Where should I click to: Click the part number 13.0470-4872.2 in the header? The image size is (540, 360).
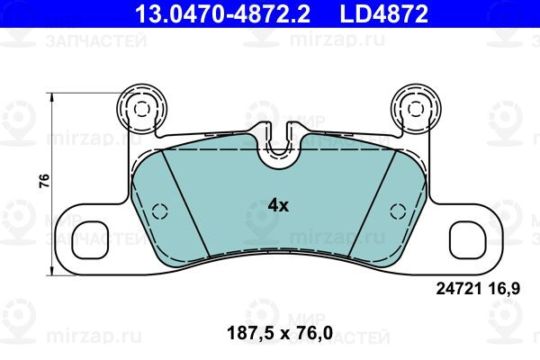point(222,14)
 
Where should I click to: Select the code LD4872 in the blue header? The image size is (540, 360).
point(383,14)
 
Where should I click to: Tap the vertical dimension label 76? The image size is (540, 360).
point(44,181)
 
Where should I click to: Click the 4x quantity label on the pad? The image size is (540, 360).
point(278,206)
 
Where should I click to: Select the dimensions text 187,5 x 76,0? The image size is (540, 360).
point(280,334)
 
